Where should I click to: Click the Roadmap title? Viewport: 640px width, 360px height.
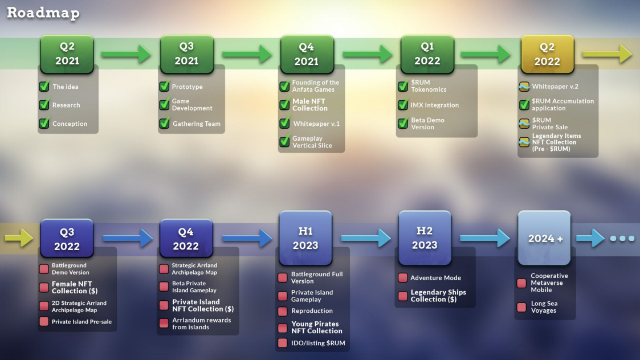tap(43, 13)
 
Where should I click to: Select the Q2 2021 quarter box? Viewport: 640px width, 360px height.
tap(67, 54)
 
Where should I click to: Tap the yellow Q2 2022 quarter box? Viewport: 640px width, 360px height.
tap(547, 55)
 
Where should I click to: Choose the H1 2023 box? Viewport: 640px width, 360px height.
tap(306, 238)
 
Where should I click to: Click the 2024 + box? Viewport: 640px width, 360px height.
tap(545, 238)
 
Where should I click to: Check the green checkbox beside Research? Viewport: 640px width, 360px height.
tap(44, 105)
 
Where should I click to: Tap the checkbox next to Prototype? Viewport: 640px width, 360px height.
tap(164, 87)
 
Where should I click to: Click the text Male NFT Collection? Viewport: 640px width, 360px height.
tap(310, 105)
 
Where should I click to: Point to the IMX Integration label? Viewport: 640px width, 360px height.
tap(435, 105)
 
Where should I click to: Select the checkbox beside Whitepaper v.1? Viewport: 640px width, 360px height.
tap(285, 123)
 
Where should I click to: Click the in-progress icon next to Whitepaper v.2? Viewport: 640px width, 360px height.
tap(524, 87)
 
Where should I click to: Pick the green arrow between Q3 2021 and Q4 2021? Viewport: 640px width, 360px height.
tap(247, 54)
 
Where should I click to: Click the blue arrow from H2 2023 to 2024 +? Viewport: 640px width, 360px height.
tap(484, 238)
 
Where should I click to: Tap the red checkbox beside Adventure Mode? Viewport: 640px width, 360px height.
tap(402, 278)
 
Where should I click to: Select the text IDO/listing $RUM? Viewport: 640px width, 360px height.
tap(318, 343)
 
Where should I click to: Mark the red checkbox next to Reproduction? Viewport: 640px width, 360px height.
tap(283, 311)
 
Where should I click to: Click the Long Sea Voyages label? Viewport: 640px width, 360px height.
tap(543, 307)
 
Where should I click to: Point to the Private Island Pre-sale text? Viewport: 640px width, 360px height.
tap(81, 322)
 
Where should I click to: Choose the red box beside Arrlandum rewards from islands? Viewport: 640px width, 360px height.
tap(164, 324)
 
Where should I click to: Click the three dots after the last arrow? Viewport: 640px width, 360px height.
tap(622, 238)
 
